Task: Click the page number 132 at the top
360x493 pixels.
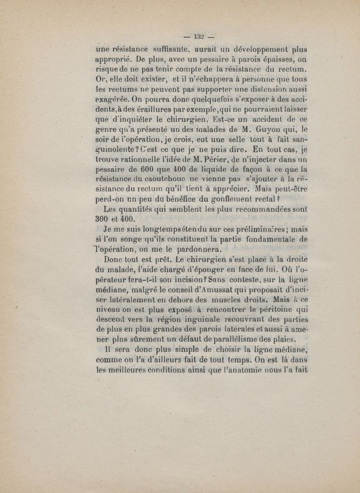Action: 198,37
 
